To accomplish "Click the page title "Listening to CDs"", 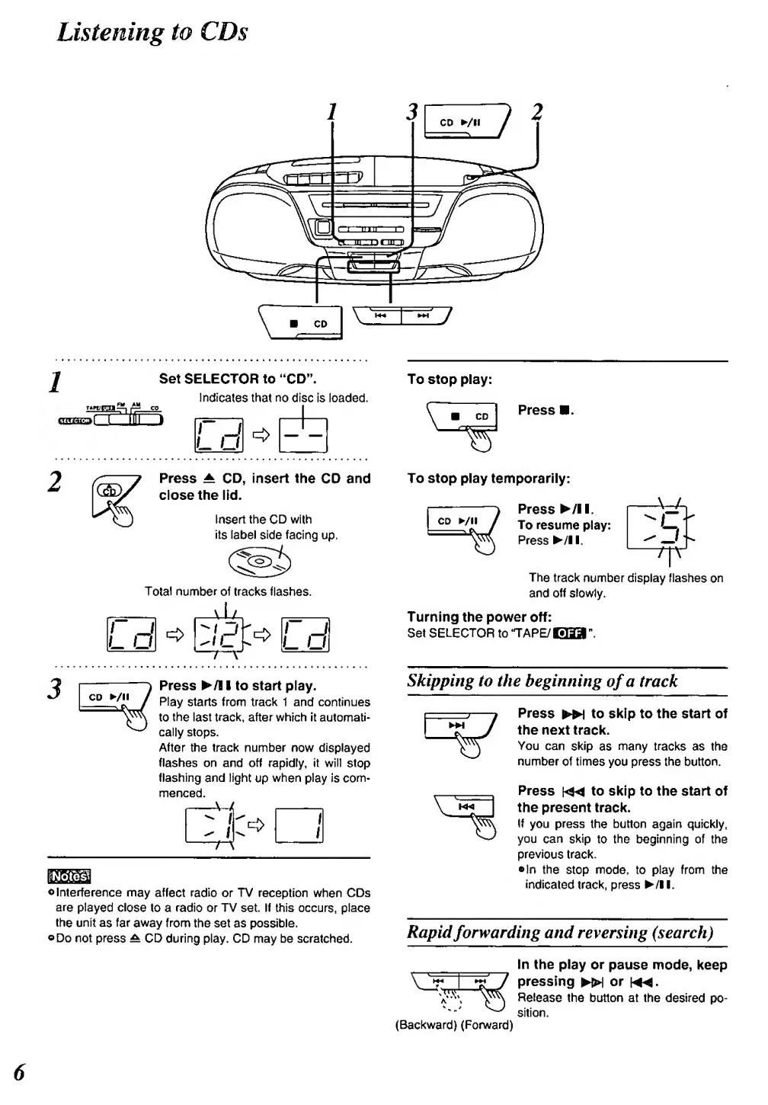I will click(152, 32).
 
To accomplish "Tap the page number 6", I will click(20, 1071).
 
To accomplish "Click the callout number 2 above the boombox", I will click(536, 111).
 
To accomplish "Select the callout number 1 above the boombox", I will click(331, 111).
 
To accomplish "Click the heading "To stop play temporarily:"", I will click(488, 479).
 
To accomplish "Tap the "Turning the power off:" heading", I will click(479, 617).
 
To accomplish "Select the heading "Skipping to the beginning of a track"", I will click(542, 681).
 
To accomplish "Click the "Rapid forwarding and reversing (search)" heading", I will click(560, 932).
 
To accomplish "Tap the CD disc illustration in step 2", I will click(260, 562).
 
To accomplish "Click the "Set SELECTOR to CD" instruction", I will click(238, 379).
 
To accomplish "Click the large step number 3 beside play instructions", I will click(53, 688).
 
